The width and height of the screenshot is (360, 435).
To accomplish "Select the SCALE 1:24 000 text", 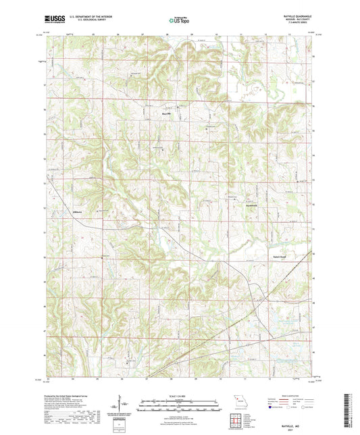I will coord(180,394).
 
